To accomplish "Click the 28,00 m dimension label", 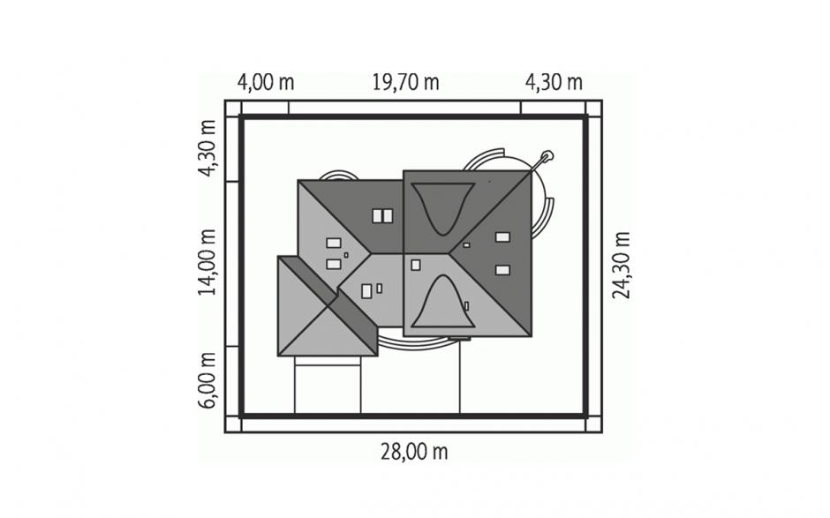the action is (x=414, y=452).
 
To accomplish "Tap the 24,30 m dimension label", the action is (x=621, y=265).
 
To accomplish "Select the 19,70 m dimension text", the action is (x=405, y=83).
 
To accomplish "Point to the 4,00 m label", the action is (x=265, y=83).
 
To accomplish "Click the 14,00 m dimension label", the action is (x=207, y=262).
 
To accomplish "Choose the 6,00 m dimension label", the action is (x=207, y=380).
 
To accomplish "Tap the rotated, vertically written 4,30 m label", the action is (x=207, y=148).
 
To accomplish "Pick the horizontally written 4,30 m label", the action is (x=554, y=83).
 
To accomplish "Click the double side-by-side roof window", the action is (x=382, y=216).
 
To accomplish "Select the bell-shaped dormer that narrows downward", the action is (x=442, y=207).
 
